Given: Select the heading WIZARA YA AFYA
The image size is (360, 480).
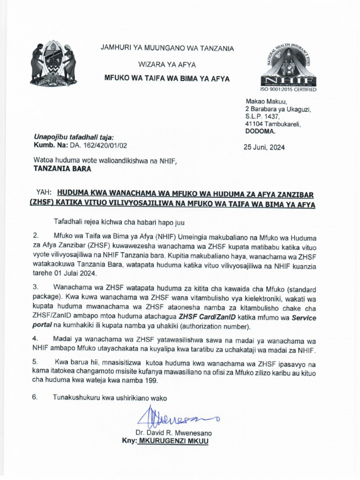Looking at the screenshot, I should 166,64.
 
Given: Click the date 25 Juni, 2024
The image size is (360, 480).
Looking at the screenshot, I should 264,147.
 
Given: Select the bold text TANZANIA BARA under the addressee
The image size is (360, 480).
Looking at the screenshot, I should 62,169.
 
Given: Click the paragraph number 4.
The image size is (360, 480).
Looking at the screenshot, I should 35,338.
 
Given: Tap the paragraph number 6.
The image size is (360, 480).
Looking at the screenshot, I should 35,398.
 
